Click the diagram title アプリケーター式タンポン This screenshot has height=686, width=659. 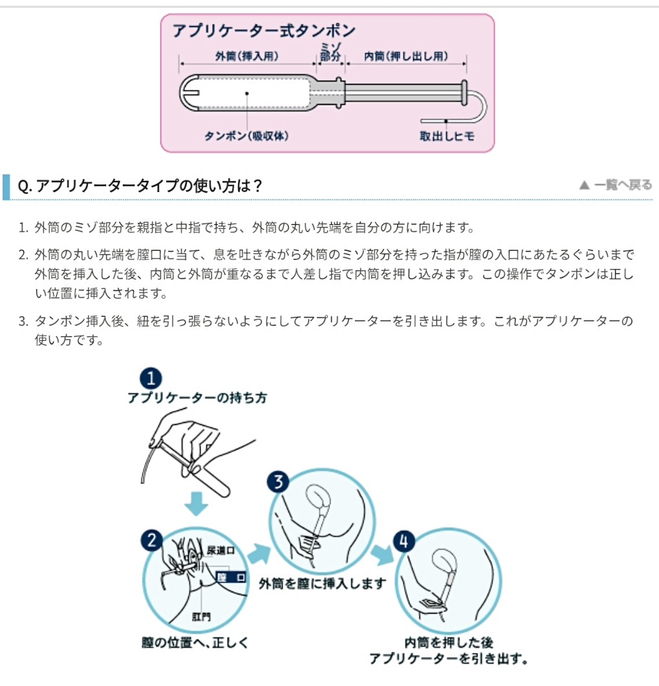263,30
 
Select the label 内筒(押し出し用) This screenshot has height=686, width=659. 406,56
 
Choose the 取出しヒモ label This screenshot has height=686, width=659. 448,136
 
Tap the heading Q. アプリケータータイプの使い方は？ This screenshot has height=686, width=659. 140,186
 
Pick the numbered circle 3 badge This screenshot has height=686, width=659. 278,482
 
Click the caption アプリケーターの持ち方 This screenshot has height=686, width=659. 197,398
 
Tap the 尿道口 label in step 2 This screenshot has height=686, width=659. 221,550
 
